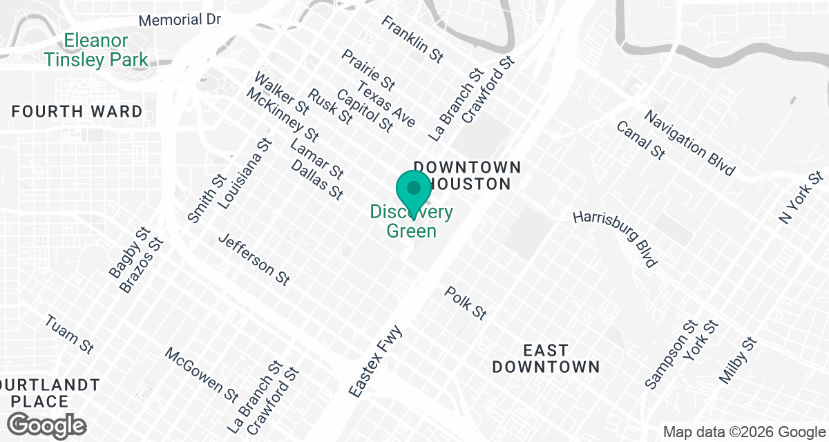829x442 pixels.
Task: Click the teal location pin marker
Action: (414, 189)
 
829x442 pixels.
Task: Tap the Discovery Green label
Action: (412, 221)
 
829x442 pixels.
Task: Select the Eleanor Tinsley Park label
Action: (96, 50)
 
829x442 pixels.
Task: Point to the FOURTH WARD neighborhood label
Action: (77, 111)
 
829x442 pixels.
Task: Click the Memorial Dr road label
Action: (180, 19)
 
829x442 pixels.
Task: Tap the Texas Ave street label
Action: (387, 104)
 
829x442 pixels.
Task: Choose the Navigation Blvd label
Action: (689, 142)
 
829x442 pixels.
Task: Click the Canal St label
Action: (640, 140)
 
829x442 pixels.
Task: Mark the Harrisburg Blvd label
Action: (615, 238)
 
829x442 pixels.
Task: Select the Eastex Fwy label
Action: (375, 361)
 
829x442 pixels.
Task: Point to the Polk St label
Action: (466, 303)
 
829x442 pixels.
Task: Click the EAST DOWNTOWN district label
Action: (546, 358)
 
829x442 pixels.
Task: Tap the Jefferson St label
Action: (254, 259)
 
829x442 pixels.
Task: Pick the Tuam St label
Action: (69, 334)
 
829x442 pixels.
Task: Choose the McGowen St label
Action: (202, 373)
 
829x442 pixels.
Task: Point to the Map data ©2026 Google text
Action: (744, 432)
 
